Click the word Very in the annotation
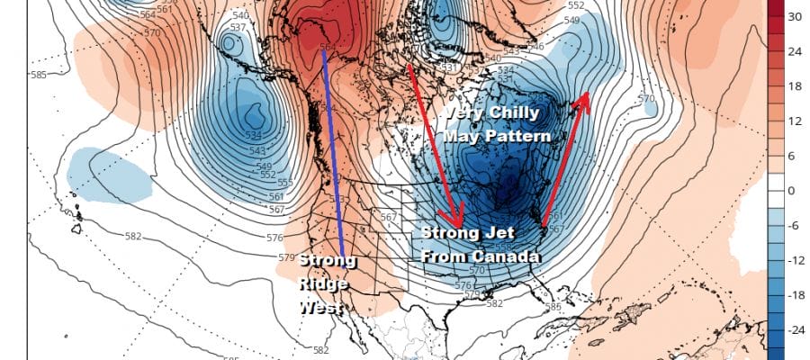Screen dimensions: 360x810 click(463, 114)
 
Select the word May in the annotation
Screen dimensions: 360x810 click(462, 135)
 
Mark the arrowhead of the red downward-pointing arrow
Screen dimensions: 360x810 click(458, 221)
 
